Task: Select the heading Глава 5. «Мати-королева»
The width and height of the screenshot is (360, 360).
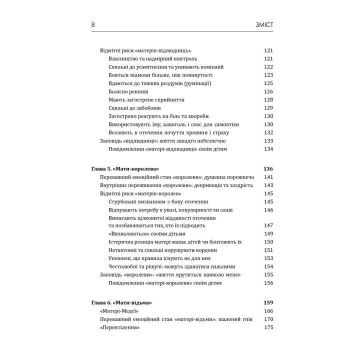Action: pyautogui.click(x=128, y=168)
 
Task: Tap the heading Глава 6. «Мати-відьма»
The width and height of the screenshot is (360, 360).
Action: pyautogui.click(x=122, y=302)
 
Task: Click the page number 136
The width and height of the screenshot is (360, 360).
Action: pyautogui.click(x=268, y=168)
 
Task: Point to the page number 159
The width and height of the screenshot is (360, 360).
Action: pyautogui.click(x=268, y=302)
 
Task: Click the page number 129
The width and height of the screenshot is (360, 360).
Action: pyautogui.click(x=268, y=108)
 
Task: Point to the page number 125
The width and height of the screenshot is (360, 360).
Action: pyautogui.click(x=268, y=83)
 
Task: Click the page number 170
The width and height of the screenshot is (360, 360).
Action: pyautogui.click(x=268, y=319)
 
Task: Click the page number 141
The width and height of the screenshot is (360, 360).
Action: pyautogui.click(x=268, y=177)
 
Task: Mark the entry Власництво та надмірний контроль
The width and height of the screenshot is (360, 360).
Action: pyautogui.click(x=149, y=59)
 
